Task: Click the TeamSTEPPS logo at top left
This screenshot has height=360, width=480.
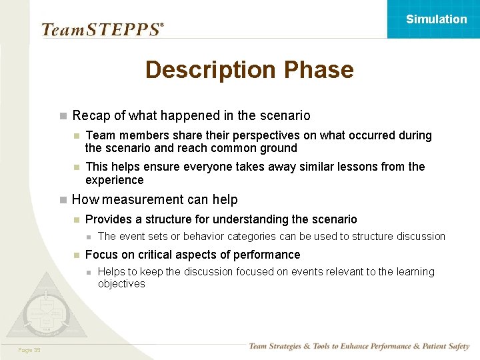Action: [101, 29]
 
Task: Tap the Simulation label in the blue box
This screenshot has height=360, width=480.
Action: [437, 19]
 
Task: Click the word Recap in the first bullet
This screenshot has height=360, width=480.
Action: [91, 116]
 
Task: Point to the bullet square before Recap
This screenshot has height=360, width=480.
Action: [63, 116]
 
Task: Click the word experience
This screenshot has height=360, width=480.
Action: [114, 180]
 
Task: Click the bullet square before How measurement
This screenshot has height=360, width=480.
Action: [63, 199]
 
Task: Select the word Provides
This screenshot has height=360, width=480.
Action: [111, 219]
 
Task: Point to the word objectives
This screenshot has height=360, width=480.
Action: [121, 284]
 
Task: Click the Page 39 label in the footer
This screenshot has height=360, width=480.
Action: [29, 349]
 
